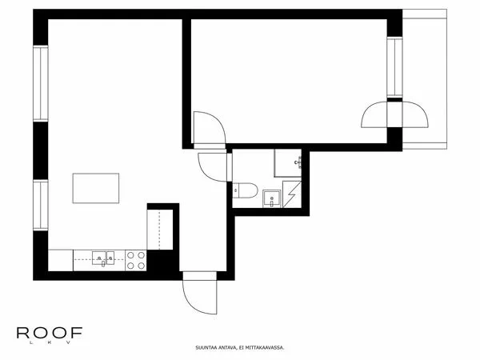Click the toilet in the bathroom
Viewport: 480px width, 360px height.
[245, 190]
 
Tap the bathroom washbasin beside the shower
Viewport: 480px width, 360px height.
[271, 198]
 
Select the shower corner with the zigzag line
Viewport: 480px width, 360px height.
[292, 194]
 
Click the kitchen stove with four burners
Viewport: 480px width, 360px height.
[136, 261]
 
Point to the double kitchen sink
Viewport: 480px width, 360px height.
[103, 258]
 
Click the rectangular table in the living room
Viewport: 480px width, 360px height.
[96, 188]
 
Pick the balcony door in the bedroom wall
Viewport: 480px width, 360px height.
[394, 114]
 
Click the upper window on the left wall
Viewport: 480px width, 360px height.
[41, 83]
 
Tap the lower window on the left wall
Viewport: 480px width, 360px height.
[41, 205]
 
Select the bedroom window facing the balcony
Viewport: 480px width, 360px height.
[394, 67]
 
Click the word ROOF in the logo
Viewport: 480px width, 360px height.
[50, 333]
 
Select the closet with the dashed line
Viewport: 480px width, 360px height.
[160, 230]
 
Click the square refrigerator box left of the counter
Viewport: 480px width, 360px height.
[61, 261]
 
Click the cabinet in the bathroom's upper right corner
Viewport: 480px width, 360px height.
[288, 163]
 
